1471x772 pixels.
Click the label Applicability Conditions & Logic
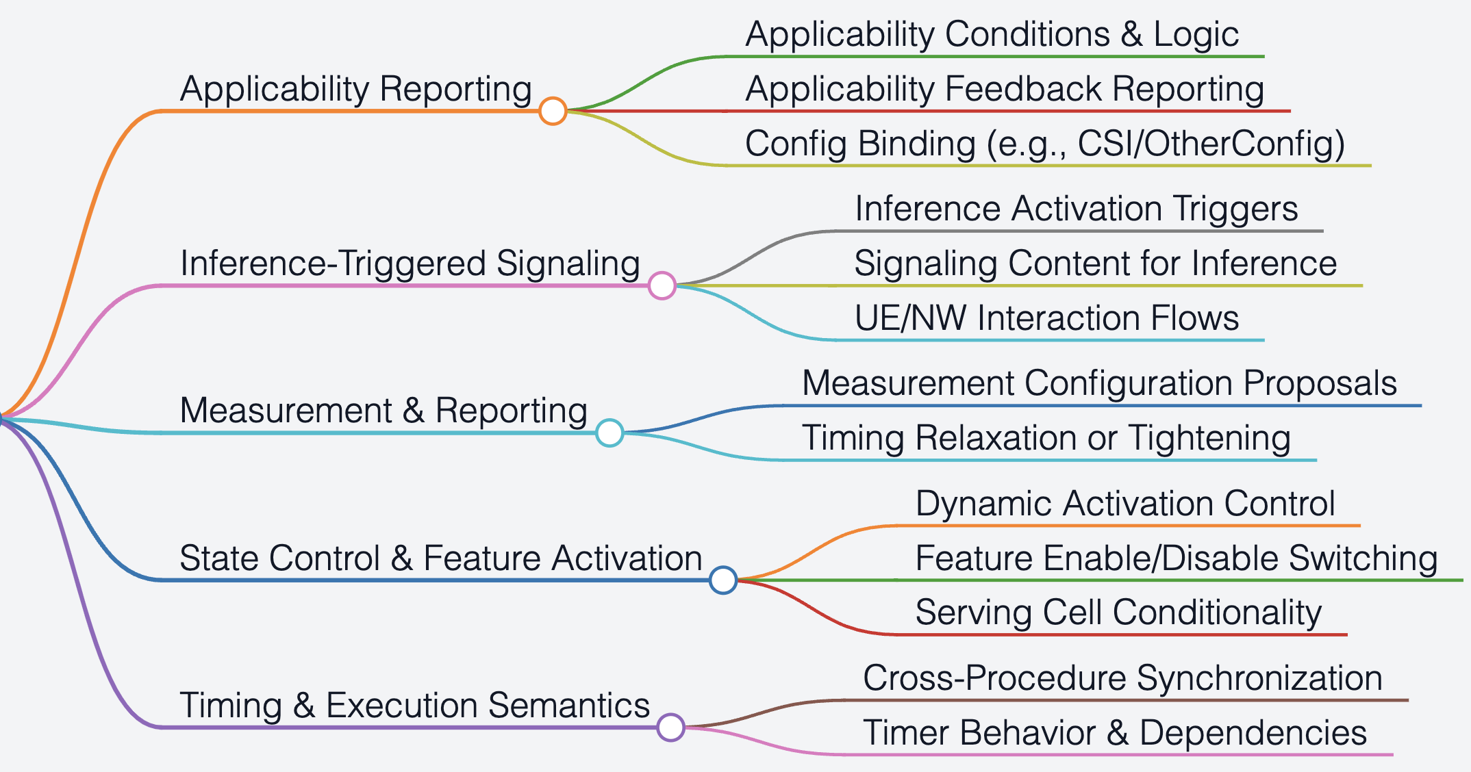(x=992, y=34)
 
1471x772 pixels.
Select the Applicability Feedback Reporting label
(x=1005, y=89)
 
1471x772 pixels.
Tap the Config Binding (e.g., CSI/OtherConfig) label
(x=1045, y=144)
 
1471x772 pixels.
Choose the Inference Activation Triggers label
(x=1077, y=209)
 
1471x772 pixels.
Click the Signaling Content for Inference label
(x=1096, y=263)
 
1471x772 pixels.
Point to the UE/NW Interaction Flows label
(x=1047, y=318)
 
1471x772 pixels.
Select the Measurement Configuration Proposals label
(x=1100, y=383)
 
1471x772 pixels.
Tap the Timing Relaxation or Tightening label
(x=1046, y=438)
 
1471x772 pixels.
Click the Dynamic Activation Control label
(x=1126, y=504)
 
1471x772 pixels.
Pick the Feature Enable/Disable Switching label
(x=1177, y=558)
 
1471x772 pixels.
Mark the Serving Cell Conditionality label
(x=1119, y=613)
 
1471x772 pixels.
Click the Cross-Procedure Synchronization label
(x=1123, y=678)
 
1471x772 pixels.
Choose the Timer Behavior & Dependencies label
(x=1115, y=733)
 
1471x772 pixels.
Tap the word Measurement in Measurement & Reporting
(x=286, y=411)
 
